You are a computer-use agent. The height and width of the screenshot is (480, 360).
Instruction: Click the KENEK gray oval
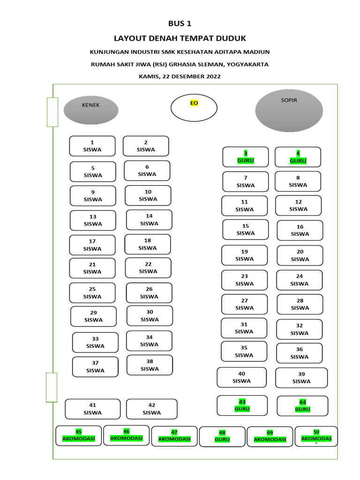[x=90, y=110]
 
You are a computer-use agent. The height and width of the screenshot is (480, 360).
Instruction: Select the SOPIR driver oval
[x=289, y=111]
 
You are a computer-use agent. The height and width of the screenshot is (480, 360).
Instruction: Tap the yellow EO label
[x=194, y=103]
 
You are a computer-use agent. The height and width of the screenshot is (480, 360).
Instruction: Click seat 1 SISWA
[x=92, y=146]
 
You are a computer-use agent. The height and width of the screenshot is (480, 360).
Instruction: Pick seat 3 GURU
[x=246, y=157]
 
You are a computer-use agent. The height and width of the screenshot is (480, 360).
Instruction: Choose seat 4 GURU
[x=298, y=157]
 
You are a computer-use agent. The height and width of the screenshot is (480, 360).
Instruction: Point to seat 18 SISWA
[x=148, y=244]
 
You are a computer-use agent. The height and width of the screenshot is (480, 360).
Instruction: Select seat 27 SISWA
[x=244, y=304]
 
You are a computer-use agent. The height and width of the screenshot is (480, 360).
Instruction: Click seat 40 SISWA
[x=241, y=377]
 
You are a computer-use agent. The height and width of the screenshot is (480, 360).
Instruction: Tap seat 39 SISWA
[x=301, y=378]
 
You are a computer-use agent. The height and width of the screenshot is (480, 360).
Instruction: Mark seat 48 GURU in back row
[x=222, y=436]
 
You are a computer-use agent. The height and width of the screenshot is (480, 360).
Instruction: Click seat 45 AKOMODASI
[x=79, y=435]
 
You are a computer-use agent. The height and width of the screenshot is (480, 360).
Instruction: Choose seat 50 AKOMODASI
[x=316, y=436]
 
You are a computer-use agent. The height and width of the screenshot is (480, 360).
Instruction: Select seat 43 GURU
[x=242, y=405]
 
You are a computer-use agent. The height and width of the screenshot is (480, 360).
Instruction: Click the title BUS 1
[x=180, y=24]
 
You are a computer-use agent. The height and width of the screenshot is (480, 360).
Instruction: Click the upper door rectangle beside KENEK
[x=52, y=112]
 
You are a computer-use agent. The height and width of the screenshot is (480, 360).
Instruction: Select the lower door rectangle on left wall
[x=51, y=387]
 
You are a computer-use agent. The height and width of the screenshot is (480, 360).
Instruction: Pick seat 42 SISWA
[x=152, y=409]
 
